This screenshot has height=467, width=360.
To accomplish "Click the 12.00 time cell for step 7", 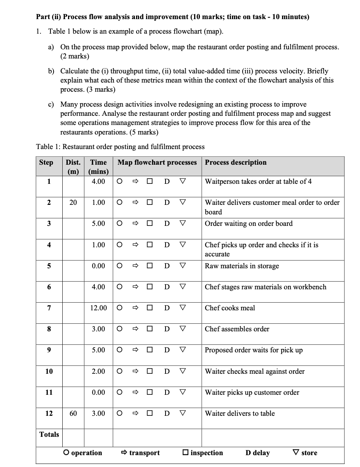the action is click(x=98, y=308).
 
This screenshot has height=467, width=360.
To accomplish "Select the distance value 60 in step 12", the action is click(x=73, y=413).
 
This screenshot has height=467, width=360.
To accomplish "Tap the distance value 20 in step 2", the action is click(x=73, y=203).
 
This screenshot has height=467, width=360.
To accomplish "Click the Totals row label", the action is click(x=49, y=435).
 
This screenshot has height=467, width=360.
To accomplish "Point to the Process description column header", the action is click(x=236, y=162).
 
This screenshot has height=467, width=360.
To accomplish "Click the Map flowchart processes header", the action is click(x=157, y=162).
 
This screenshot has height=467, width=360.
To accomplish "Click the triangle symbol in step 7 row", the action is click(x=183, y=308).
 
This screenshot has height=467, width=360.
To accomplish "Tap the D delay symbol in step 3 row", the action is click(x=167, y=224).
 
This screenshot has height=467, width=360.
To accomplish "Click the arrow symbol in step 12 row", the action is click(x=134, y=413).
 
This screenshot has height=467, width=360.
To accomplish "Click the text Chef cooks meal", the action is click(x=230, y=308).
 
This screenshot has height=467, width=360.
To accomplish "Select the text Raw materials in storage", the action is click(x=242, y=266).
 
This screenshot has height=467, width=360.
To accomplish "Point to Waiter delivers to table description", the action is click(x=240, y=413).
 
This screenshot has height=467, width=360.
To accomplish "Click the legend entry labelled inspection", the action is click(x=203, y=453).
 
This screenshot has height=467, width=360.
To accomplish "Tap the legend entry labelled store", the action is click(x=305, y=453).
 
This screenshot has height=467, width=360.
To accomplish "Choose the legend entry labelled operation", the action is click(x=83, y=453).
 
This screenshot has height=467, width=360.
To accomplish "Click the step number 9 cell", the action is click(x=49, y=350).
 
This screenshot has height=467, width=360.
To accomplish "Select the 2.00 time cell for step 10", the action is click(x=98, y=371).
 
